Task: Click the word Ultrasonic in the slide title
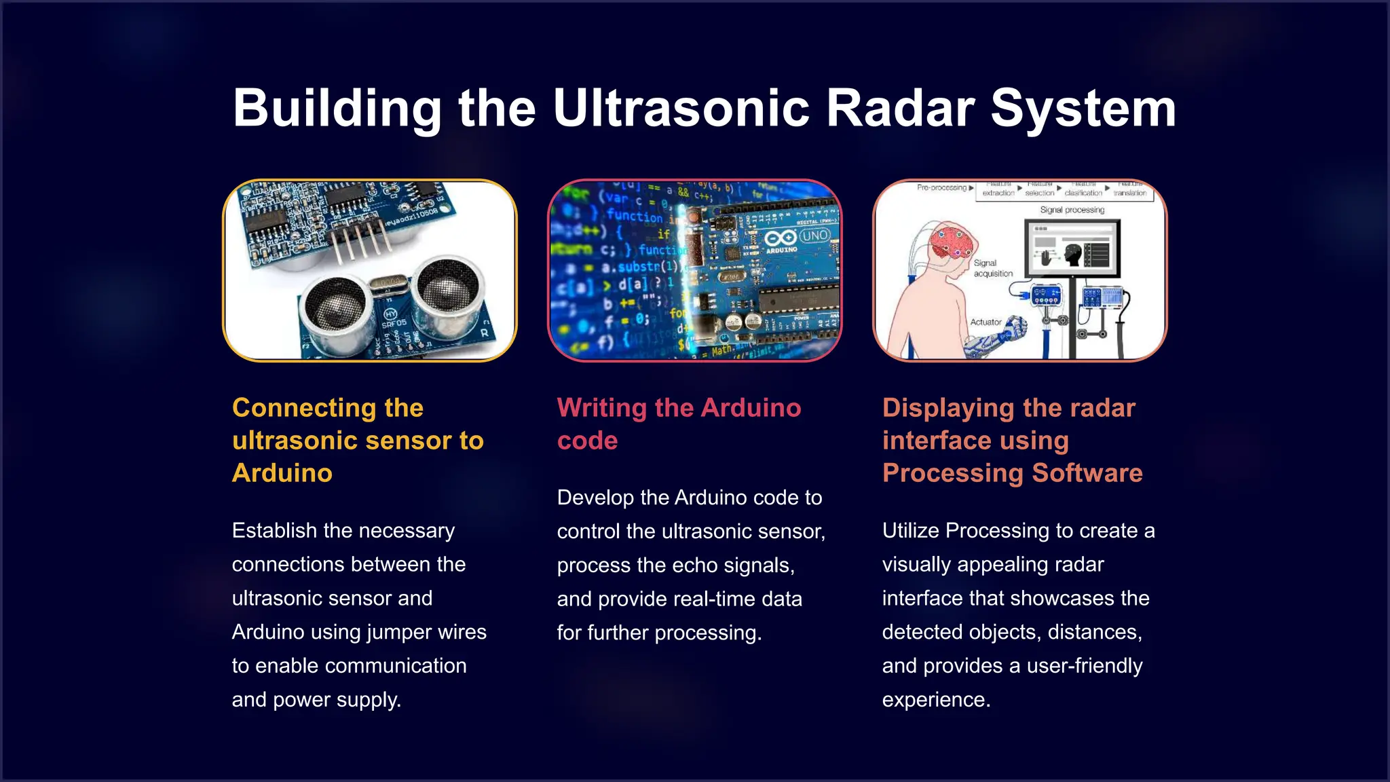[x=681, y=109]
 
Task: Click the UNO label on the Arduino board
[x=814, y=236]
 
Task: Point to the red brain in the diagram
[x=953, y=243]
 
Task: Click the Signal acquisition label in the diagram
[x=993, y=268]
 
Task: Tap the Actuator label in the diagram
[x=985, y=322]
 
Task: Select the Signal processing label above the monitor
[x=1072, y=210]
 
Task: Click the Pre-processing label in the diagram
[x=942, y=187]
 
